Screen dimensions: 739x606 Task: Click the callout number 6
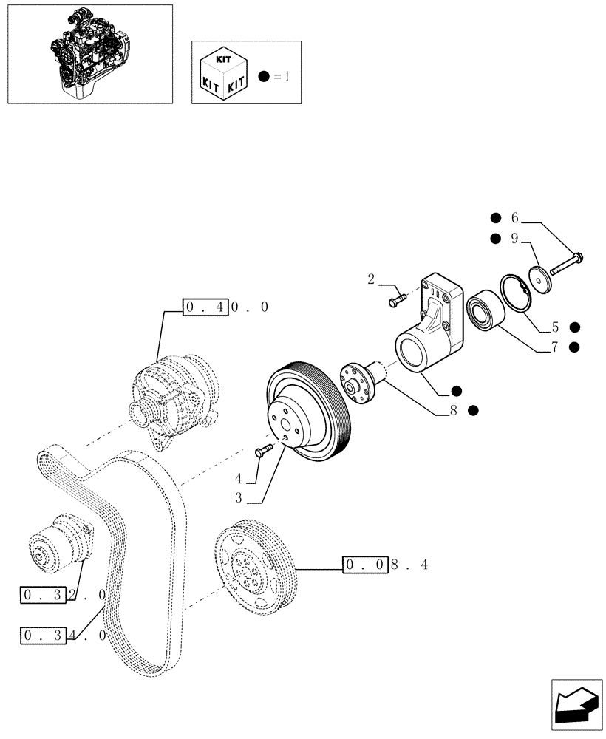coord(515,217)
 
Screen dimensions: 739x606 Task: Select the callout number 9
coord(515,239)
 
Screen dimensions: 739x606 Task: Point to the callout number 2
coord(372,279)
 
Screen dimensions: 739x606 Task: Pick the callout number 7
coord(554,347)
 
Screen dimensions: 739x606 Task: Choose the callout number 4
coord(239,478)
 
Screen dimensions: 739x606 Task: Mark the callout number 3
coord(239,499)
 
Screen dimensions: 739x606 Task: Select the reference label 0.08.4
coord(385,565)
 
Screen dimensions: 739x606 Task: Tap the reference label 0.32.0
coord(64,595)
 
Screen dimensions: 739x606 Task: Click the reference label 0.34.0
coord(64,635)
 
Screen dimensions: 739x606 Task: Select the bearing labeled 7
coord(485,310)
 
